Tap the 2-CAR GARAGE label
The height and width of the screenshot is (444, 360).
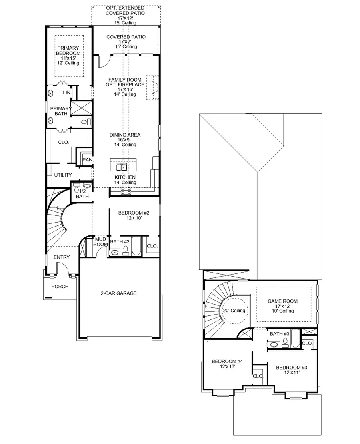(118, 293)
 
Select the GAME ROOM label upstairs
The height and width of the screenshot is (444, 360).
(284, 301)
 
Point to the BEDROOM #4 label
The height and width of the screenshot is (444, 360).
(227, 362)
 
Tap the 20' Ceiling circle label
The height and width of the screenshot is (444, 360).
(234, 311)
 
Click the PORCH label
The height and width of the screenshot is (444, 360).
(60, 286)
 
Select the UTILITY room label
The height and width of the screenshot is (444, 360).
(63, 175)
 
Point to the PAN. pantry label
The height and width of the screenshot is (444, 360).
(88, 160)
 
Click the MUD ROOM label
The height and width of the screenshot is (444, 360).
(100, 241)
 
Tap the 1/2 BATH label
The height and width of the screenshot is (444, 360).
(82, 193)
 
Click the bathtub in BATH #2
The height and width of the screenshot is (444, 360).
(136, 246)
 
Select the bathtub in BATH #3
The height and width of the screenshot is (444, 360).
(294, 338)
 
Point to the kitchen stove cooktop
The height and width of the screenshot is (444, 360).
(126, 191)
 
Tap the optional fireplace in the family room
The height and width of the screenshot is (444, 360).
(153, 87)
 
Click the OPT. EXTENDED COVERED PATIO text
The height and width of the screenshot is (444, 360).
(126, 13)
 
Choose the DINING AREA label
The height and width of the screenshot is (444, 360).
(125, 135)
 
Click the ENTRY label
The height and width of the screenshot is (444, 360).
(62, 257)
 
